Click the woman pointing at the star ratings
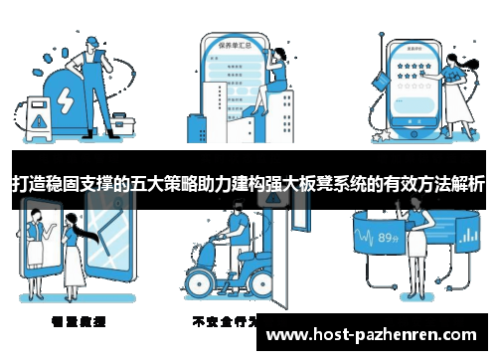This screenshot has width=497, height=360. point(456,85)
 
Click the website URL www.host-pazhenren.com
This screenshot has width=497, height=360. point(373,335)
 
